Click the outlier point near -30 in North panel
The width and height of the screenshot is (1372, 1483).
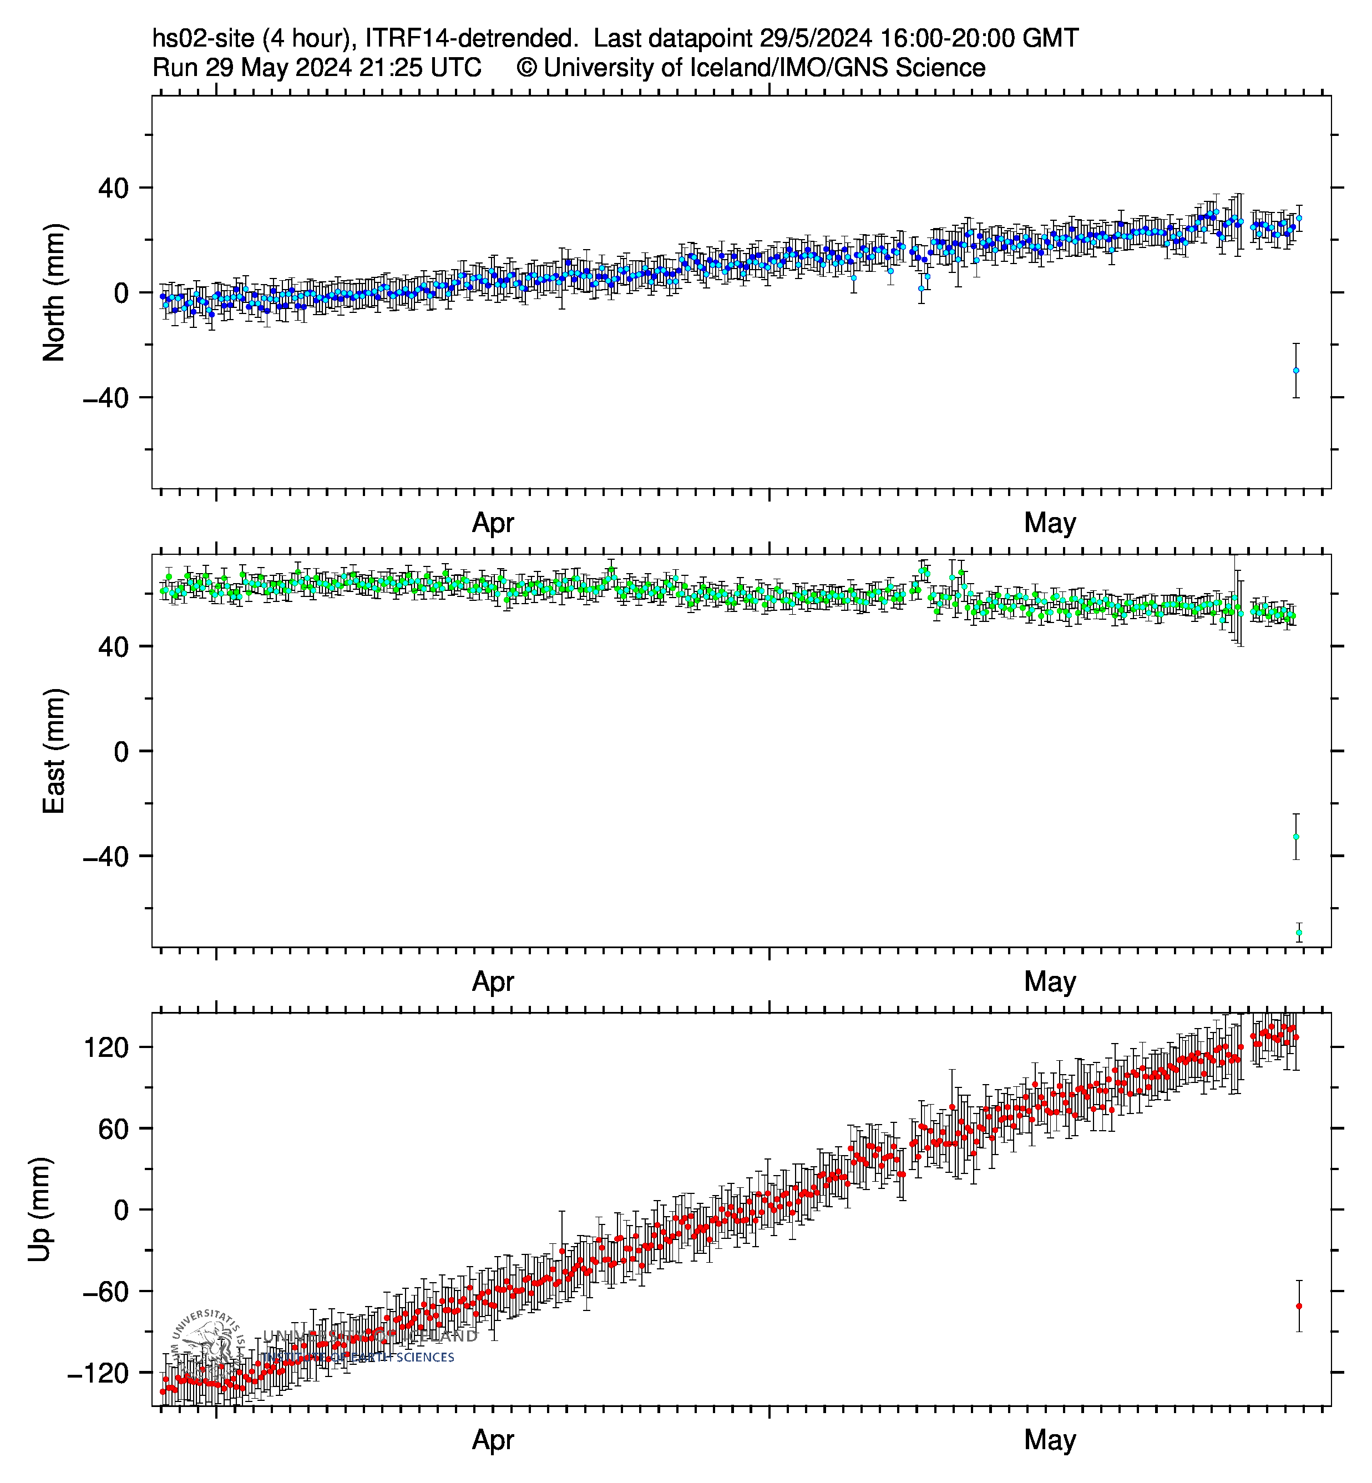(1295, 370)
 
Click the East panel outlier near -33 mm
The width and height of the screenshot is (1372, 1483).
(1295, 836)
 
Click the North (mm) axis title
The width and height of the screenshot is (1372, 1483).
(54, 292)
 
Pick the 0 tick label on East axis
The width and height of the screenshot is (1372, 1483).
(121, 752)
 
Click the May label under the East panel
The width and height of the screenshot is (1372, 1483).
(1049, 982)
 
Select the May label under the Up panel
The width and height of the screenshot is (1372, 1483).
(1049, 1440)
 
